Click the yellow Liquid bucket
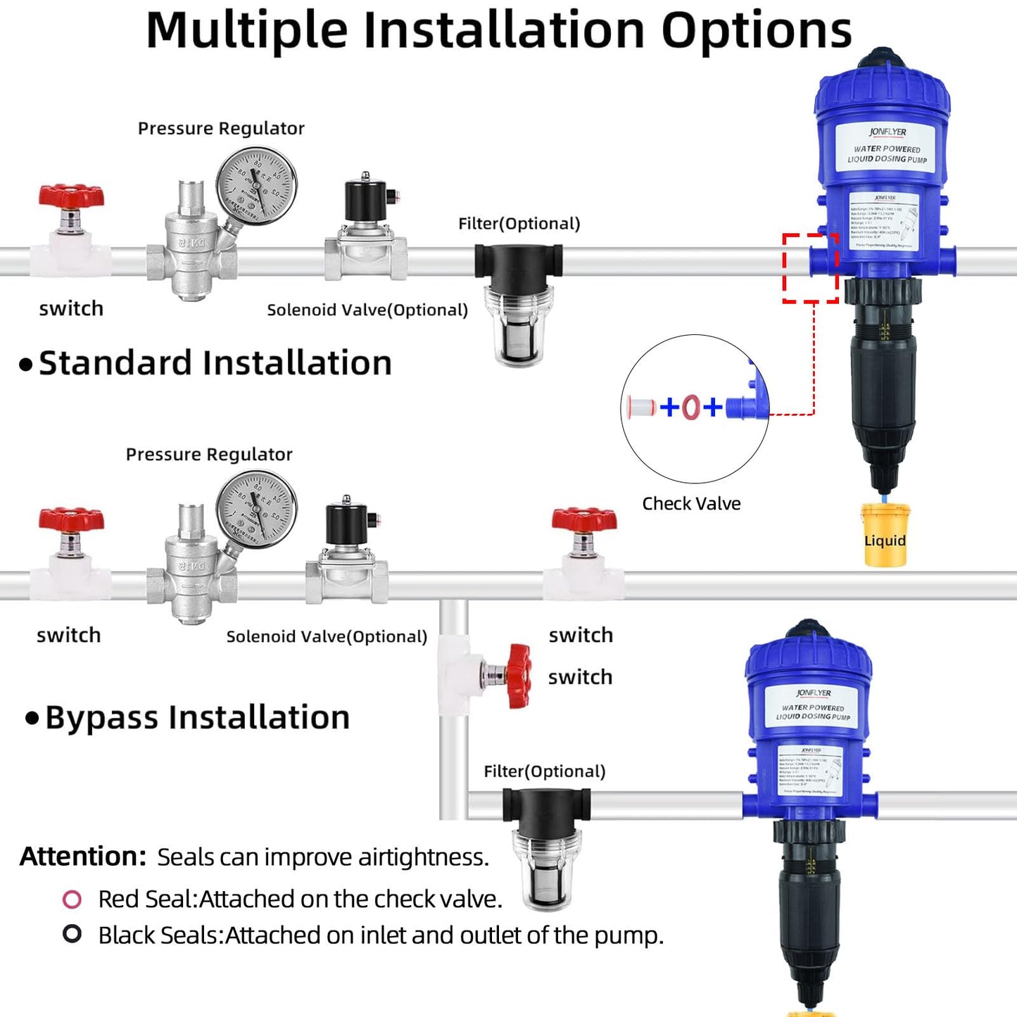point(885,536)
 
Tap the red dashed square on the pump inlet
point(811,268)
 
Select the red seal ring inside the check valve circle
point(690,407)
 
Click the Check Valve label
point(691,504)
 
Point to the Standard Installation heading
point(215,364)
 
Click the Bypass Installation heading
point(197,718)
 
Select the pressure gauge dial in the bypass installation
point(256,509)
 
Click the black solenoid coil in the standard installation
point(365,201)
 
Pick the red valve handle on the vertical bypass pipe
point(519,675)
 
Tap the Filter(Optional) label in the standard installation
point(519,224)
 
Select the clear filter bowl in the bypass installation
point(545,869)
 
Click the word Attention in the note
point(82,857)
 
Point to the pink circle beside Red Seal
point(72,899)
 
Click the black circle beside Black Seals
point(72,934)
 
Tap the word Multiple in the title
point(246,30)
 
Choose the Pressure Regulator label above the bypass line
point(209,455)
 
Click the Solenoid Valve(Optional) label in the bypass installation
point(327,637)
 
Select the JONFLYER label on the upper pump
point(887,132)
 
